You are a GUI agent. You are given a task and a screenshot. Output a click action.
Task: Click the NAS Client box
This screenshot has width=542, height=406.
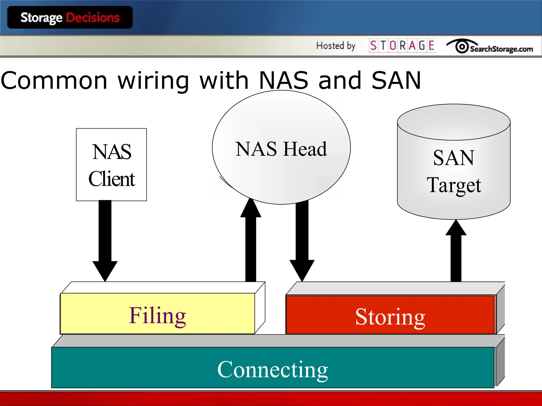point(111,164)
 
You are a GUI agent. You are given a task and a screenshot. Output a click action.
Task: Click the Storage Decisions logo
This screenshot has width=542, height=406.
point(70,17)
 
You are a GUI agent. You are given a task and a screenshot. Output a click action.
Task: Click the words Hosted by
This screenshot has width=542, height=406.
point(336,46)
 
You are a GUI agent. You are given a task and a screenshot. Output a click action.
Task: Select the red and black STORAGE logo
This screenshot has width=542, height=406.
point(402,45)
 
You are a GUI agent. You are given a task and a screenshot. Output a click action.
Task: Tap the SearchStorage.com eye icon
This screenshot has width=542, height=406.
point(462,47)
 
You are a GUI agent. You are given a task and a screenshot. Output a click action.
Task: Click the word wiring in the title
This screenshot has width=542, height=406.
point(153,81)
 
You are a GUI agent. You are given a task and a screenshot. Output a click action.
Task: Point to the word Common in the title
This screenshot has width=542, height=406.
point(54,81)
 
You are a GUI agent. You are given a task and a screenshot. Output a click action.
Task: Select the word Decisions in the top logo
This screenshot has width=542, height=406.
point(93,17)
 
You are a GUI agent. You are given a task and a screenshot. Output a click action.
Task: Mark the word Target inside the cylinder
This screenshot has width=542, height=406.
point(454,185)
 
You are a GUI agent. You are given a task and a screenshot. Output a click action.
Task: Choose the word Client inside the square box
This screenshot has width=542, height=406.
point(111,179)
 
